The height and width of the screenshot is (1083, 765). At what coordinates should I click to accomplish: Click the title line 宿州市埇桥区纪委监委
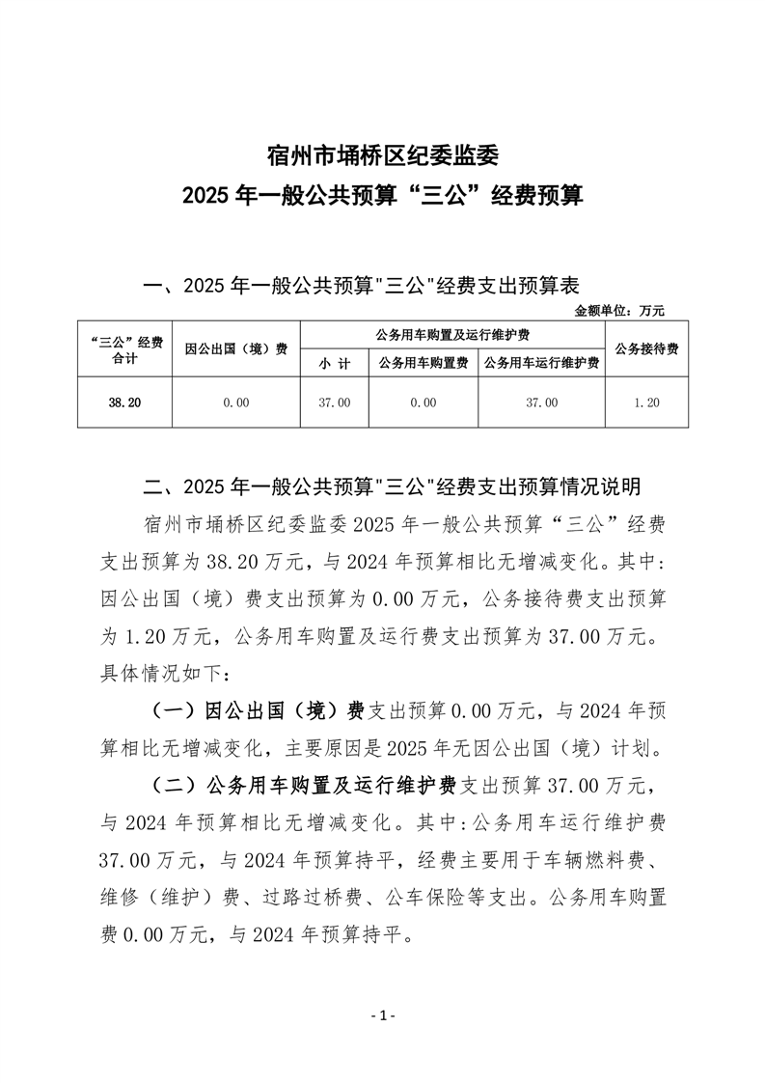coord(382,153)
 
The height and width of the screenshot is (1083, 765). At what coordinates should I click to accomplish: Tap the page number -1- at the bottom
coord(383,1015)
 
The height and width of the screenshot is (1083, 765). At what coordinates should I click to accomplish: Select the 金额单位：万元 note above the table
coord(619,311)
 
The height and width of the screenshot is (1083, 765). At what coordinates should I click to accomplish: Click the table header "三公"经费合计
coord(124,349)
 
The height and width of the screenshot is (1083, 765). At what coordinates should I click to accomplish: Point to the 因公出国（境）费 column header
coord(236,349)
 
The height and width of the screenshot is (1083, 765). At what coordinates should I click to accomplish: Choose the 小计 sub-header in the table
coord(334,364)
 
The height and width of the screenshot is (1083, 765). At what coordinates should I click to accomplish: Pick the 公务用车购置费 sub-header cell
coord(423,364)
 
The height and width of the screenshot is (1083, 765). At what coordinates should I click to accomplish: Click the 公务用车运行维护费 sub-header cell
coord(541,364)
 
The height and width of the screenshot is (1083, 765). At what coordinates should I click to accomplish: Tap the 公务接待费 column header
coord(646,349)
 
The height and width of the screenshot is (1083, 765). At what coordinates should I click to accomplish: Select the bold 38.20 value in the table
coord(124,402)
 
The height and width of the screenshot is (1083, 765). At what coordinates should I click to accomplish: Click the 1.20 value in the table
coord(646,402)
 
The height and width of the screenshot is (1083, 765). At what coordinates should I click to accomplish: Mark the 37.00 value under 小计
coord(334,402)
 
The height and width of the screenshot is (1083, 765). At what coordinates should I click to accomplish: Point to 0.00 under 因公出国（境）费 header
coord(236,402)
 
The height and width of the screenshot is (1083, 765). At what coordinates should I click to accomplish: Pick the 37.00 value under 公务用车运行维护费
coord(541,402)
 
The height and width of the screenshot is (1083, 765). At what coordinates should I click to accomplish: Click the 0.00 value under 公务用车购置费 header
coord(423,402)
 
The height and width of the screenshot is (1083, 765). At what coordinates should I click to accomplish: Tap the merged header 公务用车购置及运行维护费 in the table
coord(452,334)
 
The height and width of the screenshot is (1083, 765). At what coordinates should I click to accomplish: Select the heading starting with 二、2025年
coord(391,485)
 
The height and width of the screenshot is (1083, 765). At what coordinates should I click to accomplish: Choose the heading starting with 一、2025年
coord(360,286)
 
